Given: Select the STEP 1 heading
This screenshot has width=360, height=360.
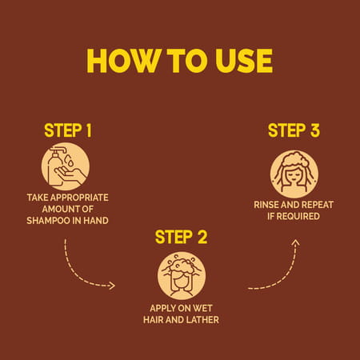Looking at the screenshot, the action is click(x=68, y=130).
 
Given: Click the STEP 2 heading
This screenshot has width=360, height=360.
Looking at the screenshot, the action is click(x=181, y=237).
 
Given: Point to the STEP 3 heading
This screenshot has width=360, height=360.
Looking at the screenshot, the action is click(x=294, y=130).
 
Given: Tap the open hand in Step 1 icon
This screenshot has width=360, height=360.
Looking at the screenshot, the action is click(x=70, y=174).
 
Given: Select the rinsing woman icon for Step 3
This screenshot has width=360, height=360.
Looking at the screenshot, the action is click(x=294, y=174).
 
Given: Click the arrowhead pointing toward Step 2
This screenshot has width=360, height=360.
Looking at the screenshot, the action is click(x=113, y=286).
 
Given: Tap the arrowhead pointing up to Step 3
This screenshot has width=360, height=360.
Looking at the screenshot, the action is click(x=295, y=242).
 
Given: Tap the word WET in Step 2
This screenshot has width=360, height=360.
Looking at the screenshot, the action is click(x=202, y=308).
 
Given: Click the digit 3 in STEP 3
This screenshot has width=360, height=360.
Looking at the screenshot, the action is click(x=315, y=130).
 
